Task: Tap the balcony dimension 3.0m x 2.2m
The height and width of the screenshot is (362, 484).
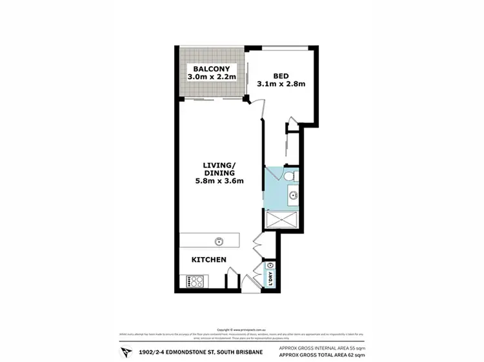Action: (x=212, y=77)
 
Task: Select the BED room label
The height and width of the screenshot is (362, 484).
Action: (x=281, y=74)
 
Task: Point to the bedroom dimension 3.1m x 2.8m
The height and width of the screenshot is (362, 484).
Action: (x=281, y=84)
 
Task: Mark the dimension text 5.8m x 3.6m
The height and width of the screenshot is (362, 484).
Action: (x=219, y=181)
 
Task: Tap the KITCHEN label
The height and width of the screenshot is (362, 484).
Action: (x=208, y=260)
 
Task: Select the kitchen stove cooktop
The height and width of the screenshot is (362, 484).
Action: (x=195, y=281)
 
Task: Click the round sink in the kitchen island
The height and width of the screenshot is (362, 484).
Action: (x=219, y=242)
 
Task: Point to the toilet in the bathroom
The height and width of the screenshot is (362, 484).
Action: (x=290, y=175)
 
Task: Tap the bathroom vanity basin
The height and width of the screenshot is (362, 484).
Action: (x=292, y=195)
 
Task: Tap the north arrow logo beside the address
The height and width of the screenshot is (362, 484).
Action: (x=125, y=352)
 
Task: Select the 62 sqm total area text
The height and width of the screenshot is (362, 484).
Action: (x=320, y=355)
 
